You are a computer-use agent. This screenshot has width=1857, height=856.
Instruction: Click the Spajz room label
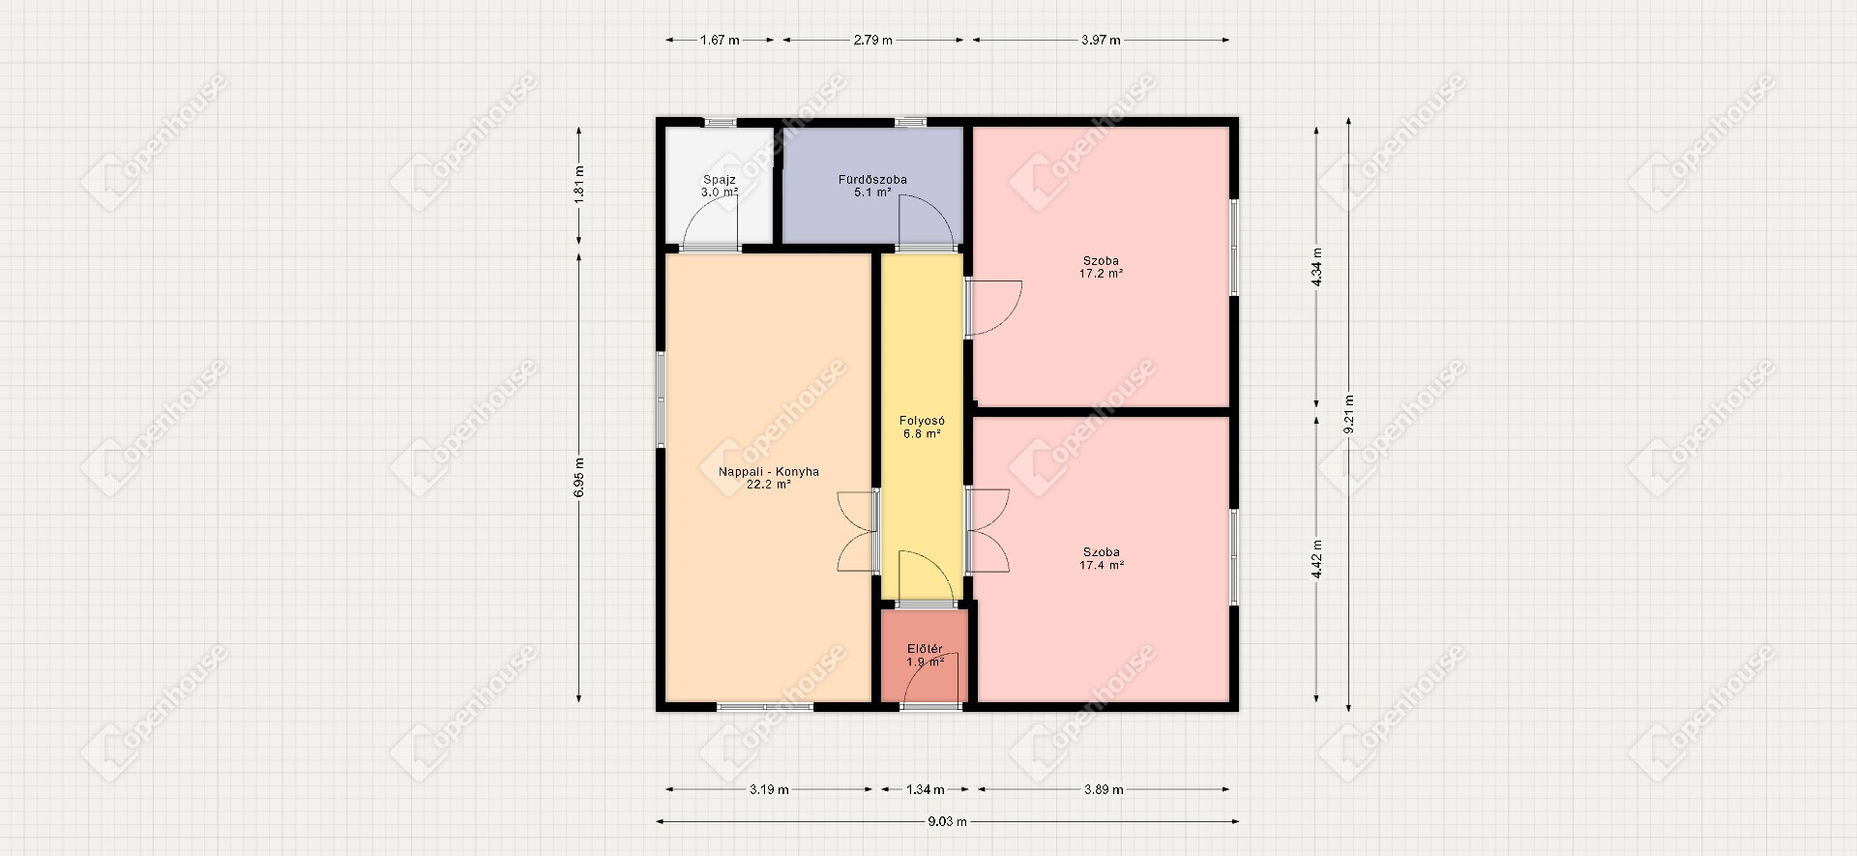click(x=720, y=180)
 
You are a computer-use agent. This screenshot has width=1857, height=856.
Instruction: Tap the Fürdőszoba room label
click(x=872, y=180)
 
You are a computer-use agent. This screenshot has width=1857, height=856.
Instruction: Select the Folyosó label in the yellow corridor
click(x=922, y=421)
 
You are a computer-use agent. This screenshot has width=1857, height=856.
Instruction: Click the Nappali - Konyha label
click(x=769, y=472)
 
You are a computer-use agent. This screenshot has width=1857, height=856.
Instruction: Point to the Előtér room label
click(x=925, y=649)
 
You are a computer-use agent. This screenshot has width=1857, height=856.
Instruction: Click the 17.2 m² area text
click(x=1102, y=274)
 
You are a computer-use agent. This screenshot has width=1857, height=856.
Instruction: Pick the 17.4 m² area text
click(x=1102, y=566)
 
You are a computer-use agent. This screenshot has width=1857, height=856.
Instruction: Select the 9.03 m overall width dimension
click(x=948, y=822)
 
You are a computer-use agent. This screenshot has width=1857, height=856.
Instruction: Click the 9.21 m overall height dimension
click(x=1349, y=414)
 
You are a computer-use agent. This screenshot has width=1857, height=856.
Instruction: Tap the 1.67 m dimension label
click(x=720, y=41)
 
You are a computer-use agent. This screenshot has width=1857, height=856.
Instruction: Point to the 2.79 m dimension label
click(x=872, y=41)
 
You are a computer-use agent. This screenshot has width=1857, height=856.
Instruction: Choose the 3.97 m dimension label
click(x=1101, y=41)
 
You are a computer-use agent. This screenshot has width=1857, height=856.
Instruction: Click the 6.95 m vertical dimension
click(x=579, y=477)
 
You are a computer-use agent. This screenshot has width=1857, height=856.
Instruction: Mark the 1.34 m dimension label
click(x=926, y=790)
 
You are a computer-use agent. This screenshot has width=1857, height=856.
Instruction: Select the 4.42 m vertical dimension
click(x=1316, y=559)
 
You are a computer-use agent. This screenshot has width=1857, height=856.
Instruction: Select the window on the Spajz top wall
click(x=720, y=122)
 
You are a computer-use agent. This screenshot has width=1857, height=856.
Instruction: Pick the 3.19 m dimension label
click(x=769, y=790)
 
